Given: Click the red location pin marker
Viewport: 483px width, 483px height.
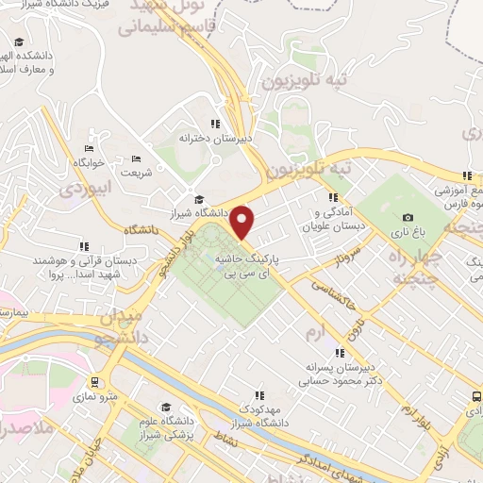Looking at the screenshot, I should click(x=243, y=224).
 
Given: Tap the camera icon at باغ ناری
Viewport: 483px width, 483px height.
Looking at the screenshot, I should click(x=408, y=218).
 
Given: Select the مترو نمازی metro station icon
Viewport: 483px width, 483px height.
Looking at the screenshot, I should click(x=94, y=382).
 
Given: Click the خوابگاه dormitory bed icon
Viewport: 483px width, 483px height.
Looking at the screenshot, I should click(x=89, y=148).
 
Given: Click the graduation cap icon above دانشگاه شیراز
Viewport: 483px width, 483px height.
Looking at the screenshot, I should click(x=198, y=199).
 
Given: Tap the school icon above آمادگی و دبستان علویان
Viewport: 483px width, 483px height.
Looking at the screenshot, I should click(x=332, y=197).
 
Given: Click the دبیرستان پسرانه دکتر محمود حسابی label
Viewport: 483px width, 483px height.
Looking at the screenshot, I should click(x=312, y=375).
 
